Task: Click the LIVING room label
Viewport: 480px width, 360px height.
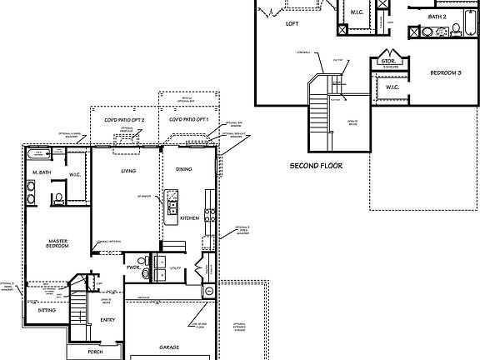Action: (x=128, y=171)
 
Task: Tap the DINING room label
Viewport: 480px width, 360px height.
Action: (x=184, y=169)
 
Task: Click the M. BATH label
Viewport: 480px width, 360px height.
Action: (x=42, y=172)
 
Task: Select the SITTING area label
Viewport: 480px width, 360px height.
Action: (x=48, y=309)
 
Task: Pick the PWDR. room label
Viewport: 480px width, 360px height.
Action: (x=132, y=267)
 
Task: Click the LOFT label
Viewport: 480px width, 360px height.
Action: (x=292, y=24)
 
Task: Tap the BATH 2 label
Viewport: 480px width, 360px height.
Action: (x=438, y=16)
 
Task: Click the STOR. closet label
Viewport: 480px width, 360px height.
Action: (x=387, y=61)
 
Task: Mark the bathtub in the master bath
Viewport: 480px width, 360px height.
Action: (x=37, y=155)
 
